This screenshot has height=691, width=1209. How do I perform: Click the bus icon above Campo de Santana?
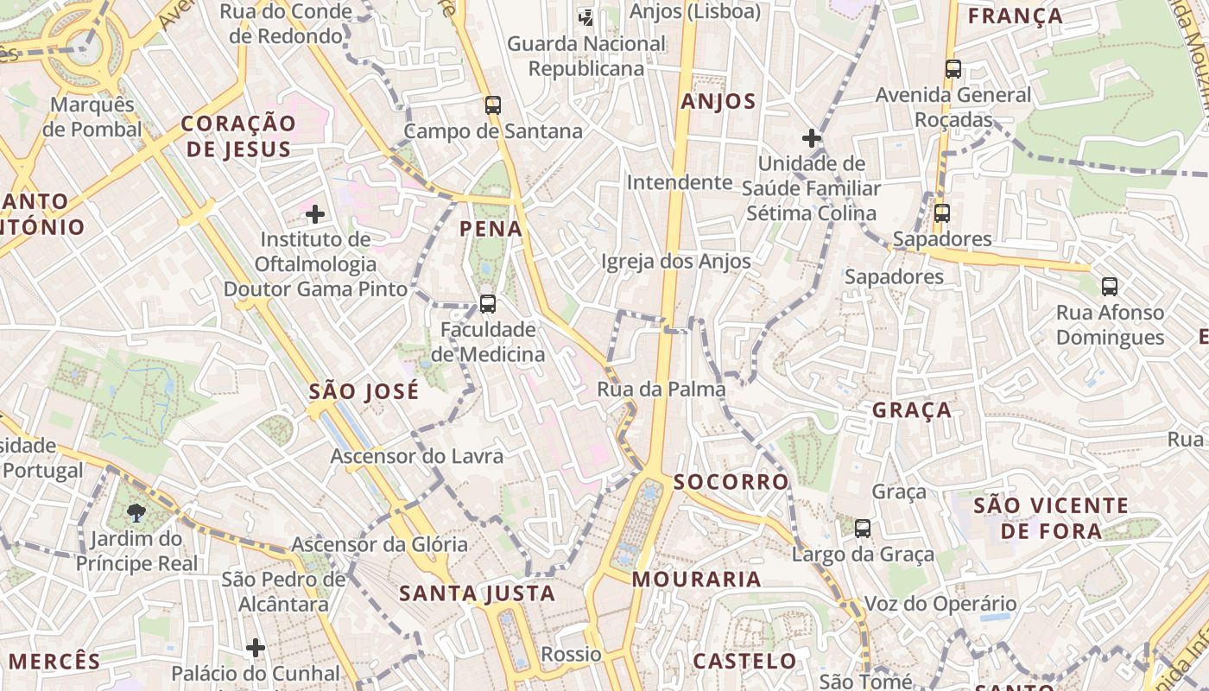493,105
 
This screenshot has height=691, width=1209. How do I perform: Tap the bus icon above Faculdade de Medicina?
488,304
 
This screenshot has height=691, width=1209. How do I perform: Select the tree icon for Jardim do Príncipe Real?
136,513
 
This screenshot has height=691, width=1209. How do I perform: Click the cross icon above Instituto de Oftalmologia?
315,213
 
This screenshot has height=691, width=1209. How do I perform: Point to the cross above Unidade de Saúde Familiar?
811,137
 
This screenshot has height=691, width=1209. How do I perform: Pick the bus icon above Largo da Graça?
862,529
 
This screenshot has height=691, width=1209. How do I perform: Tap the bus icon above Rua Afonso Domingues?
1110,286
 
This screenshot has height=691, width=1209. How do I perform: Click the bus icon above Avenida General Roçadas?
953,69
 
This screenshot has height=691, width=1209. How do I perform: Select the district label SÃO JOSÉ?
364,391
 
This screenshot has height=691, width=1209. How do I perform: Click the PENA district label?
491,229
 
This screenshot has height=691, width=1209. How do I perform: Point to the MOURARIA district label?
696,579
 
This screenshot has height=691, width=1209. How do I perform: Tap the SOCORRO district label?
731,482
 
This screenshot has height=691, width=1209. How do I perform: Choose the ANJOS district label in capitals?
718,102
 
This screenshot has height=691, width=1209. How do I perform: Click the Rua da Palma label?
661,390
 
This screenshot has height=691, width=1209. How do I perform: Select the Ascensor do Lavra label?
416,455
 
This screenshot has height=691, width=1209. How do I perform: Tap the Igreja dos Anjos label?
675,261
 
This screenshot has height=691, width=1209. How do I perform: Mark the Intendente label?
679,182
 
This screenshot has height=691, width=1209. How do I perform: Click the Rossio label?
570,654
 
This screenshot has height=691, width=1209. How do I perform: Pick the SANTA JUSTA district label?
477,593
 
